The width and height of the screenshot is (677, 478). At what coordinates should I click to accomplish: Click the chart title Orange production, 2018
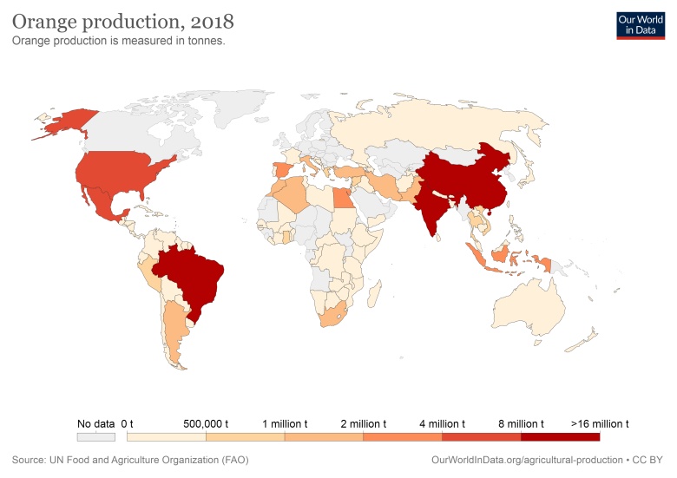[122, 19]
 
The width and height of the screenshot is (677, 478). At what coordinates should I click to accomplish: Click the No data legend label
[95, 423]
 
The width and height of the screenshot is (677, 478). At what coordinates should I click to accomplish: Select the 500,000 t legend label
[205, 423]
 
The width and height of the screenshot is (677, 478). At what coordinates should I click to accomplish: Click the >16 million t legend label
[600, 423]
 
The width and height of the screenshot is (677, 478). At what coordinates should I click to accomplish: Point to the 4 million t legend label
[442, 423]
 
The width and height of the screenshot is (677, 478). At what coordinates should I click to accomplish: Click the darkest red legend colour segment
[560, 436]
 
